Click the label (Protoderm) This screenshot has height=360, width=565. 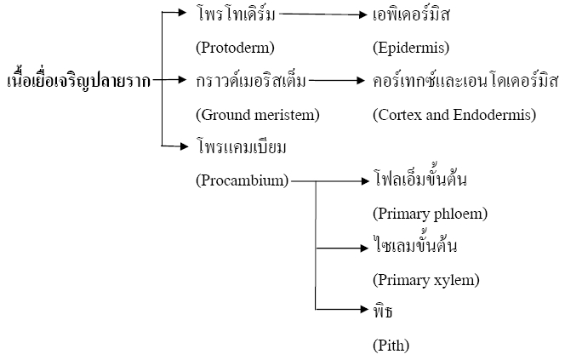pos(236,48)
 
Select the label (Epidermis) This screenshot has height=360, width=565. pos(411,48)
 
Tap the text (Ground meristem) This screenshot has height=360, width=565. pos(258,115)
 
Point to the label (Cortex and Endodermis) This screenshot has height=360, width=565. pos(454,115)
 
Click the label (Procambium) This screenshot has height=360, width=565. pos(243,180)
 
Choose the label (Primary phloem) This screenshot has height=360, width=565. pos(431,214)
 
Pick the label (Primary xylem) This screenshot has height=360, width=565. pos(426,280)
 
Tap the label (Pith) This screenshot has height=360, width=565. pos(391,346)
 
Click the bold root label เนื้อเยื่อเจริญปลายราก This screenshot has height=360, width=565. pos(79,80)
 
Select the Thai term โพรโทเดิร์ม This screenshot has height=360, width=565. pos(237,14)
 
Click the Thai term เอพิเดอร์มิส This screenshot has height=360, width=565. pos(411,14)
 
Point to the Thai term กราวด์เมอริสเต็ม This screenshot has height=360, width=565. pos(251,80)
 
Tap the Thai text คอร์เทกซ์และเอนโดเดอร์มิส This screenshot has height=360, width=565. pos(465,80)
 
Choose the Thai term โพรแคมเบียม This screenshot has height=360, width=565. pos(242,147)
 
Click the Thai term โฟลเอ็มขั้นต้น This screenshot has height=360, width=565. pos(420,179)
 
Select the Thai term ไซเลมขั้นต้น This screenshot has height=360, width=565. pos(415,245)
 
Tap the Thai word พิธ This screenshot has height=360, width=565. pos(383,311)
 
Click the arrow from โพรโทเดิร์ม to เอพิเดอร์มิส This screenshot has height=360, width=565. pos(323,14)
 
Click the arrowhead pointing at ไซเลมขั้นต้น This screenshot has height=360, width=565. pos(364,248)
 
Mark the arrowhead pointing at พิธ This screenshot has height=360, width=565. pos(364,309)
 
